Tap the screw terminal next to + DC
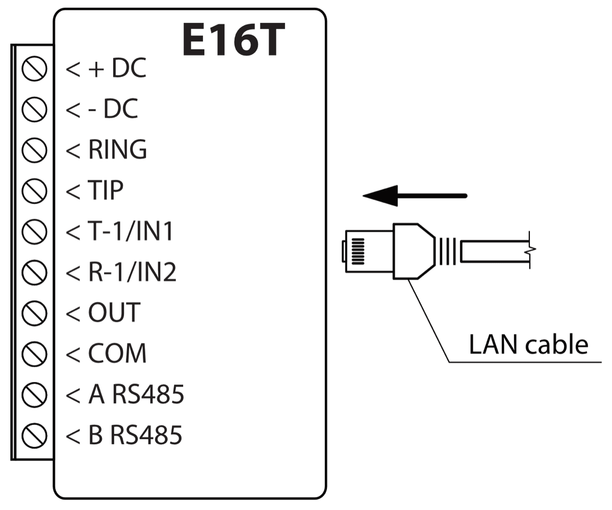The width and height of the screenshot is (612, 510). (35, 69)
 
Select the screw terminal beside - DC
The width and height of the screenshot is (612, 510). (35, 109)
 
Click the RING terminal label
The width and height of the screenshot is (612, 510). (117, 149)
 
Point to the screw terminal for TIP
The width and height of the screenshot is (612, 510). (35, 190)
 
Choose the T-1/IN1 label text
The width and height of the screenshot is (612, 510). (131, 232)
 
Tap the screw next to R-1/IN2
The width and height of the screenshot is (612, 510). (35, 272)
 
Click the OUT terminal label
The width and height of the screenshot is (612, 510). (114, 313)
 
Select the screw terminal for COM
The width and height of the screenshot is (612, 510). (35, 353)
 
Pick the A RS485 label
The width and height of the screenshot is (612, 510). (136, 394)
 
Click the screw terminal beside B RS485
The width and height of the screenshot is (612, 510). (35, 435)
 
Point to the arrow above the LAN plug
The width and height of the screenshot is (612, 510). (414, 196)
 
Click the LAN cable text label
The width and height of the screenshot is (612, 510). (528, 345)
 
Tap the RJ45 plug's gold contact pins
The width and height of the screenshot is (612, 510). (359, 250)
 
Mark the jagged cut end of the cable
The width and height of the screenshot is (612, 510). (531, 250)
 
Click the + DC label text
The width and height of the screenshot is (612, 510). (117, 69)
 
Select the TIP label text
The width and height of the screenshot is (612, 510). (106, 190)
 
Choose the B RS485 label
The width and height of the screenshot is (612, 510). (135, 435)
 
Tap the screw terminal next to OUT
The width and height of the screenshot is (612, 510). (35, 313)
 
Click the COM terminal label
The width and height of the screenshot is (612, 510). (117, 353)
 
